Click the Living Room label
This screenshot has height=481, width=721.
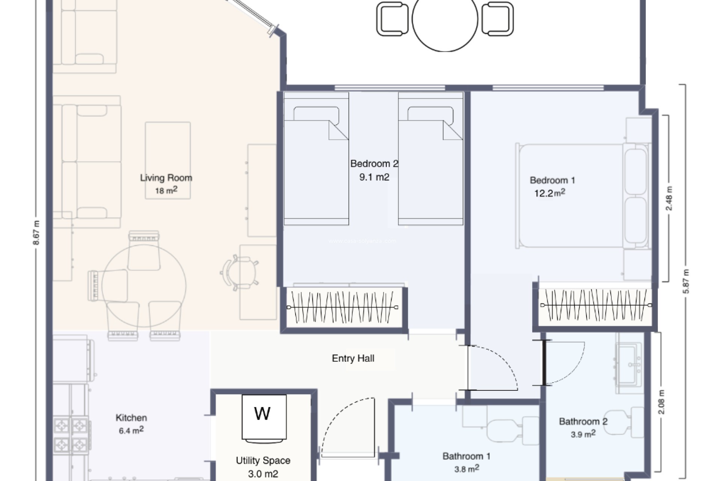point(166,178)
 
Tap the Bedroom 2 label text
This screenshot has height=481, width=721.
point(374,164)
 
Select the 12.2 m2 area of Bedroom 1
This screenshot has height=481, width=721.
point(549,193)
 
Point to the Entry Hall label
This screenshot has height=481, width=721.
point(353,358)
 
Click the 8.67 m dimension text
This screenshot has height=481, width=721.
point(36,232)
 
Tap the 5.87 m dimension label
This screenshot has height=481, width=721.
point(686,281)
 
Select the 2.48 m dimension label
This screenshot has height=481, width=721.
point(669,198)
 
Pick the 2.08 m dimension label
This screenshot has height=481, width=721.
point(661,402)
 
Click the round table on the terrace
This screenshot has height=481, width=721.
point(445,19)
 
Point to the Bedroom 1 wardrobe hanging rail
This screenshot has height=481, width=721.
point(595,305)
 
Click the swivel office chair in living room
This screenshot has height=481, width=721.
point(240,273)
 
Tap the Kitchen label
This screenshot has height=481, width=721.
point(131,417)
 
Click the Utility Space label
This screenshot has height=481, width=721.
point(263,460)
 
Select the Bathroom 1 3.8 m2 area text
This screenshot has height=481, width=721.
point(466,469)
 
